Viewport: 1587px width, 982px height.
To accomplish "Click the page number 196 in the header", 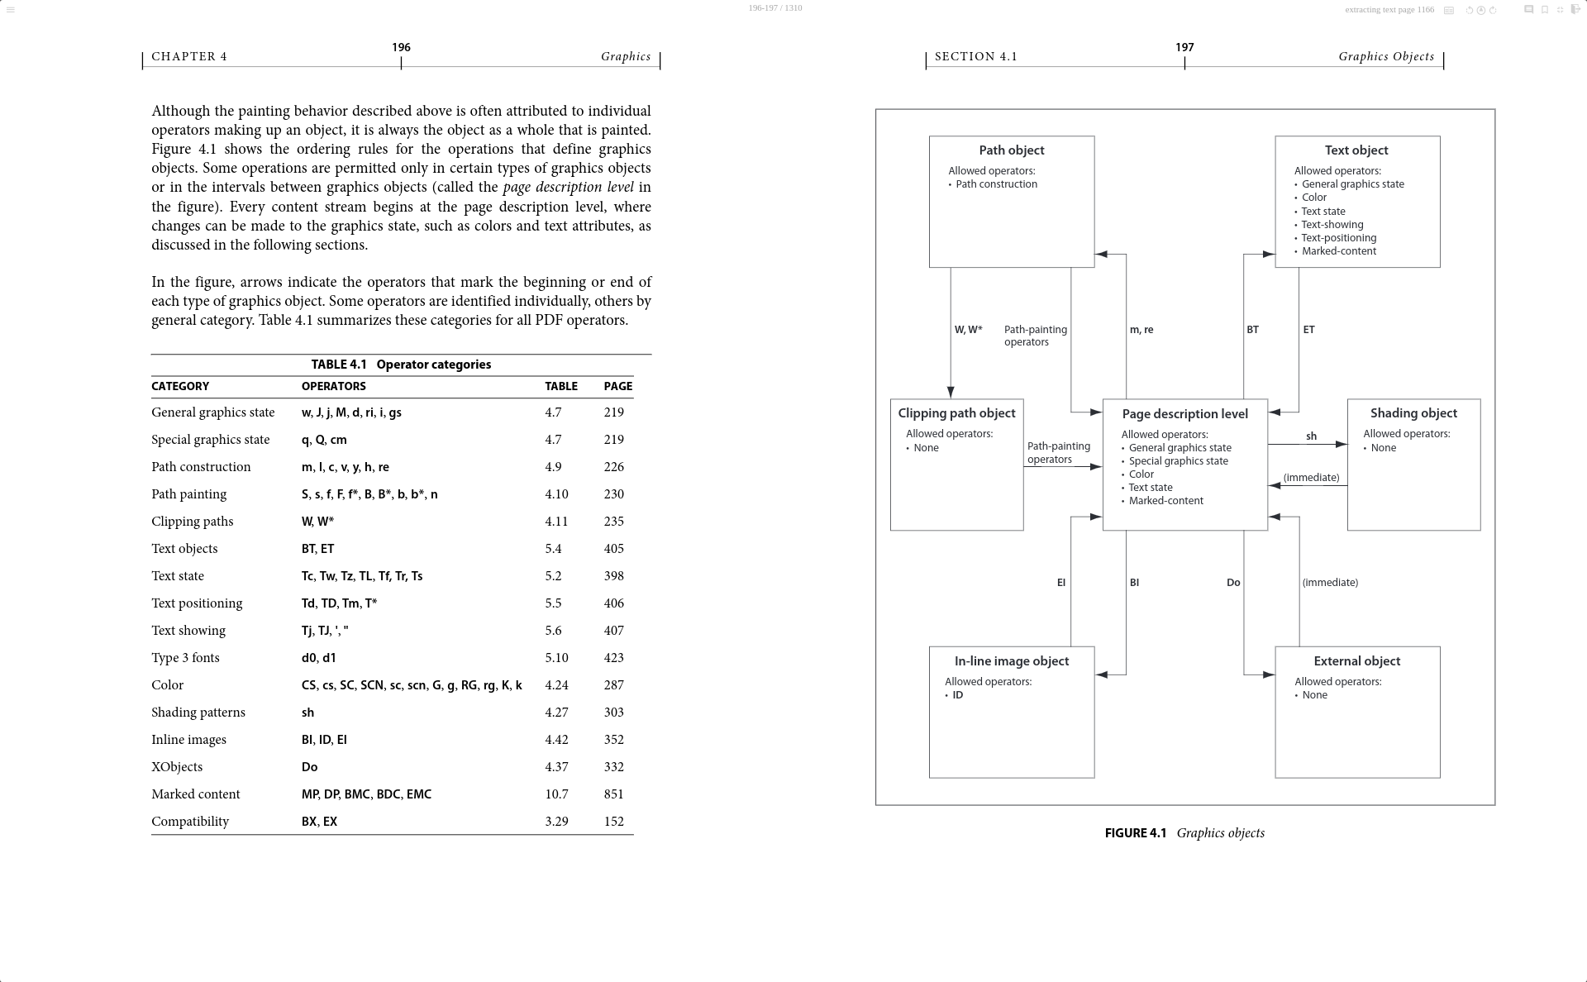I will (401, 48).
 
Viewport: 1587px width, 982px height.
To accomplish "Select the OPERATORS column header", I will (333, 386).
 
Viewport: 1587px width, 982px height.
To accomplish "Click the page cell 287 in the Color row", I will (613, 685).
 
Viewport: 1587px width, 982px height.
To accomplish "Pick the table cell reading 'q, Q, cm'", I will (324, 440).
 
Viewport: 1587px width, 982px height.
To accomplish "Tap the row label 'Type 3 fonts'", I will (185, 658).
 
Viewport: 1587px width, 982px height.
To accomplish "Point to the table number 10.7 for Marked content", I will (556, 794).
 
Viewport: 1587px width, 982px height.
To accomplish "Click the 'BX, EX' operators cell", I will (319, 822).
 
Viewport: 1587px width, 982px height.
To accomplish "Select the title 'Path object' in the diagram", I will (1011, 150).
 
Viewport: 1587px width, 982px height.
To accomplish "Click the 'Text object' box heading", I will (1356, 150).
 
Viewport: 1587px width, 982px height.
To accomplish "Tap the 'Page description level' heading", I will (1184, 414).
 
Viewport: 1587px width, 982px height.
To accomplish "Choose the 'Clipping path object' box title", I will (956, 413).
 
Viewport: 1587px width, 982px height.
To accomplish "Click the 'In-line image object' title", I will (1011, 661).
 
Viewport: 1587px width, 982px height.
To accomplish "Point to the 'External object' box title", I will (1356, 661).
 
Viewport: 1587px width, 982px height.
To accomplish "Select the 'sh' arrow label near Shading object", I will (1311, 436).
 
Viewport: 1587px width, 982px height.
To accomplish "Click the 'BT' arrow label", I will (1252, 330).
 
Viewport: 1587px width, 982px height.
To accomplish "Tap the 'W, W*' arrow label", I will (968, 330).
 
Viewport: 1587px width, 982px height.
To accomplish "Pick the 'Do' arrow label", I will (1233, 583).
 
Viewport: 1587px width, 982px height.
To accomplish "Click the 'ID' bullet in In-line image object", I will (957, 695).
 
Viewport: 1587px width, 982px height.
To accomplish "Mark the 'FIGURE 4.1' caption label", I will (1135, 833).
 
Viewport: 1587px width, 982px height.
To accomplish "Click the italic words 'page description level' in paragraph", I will (568, 188).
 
